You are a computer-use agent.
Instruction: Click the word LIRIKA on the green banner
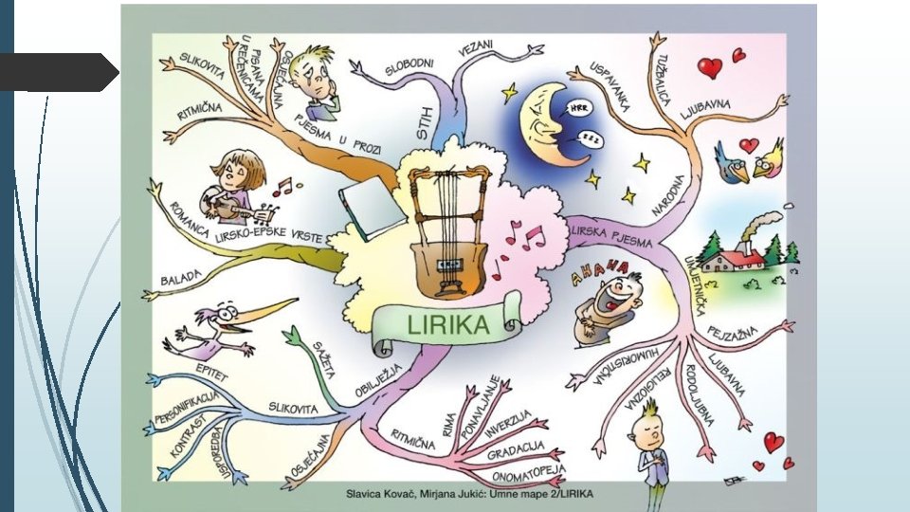[447, 325]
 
